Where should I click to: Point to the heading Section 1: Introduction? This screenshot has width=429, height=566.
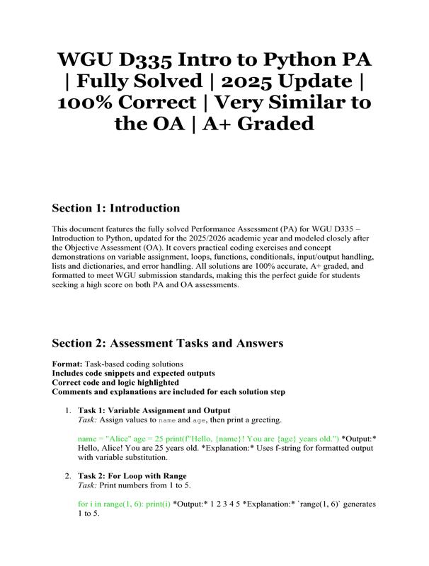coord(115,208)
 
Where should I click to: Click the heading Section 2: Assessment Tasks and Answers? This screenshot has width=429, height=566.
coord(168,343)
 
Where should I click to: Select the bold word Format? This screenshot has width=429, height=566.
coord(67,364)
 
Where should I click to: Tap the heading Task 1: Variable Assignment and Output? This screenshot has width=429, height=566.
coord(154,410)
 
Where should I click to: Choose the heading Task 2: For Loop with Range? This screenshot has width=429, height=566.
coord(132,475)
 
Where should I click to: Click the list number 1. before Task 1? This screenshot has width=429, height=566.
coord(67,410)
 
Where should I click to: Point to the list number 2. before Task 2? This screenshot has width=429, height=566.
coord(67,475)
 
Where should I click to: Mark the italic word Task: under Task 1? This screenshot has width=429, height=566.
coord(88,419)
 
